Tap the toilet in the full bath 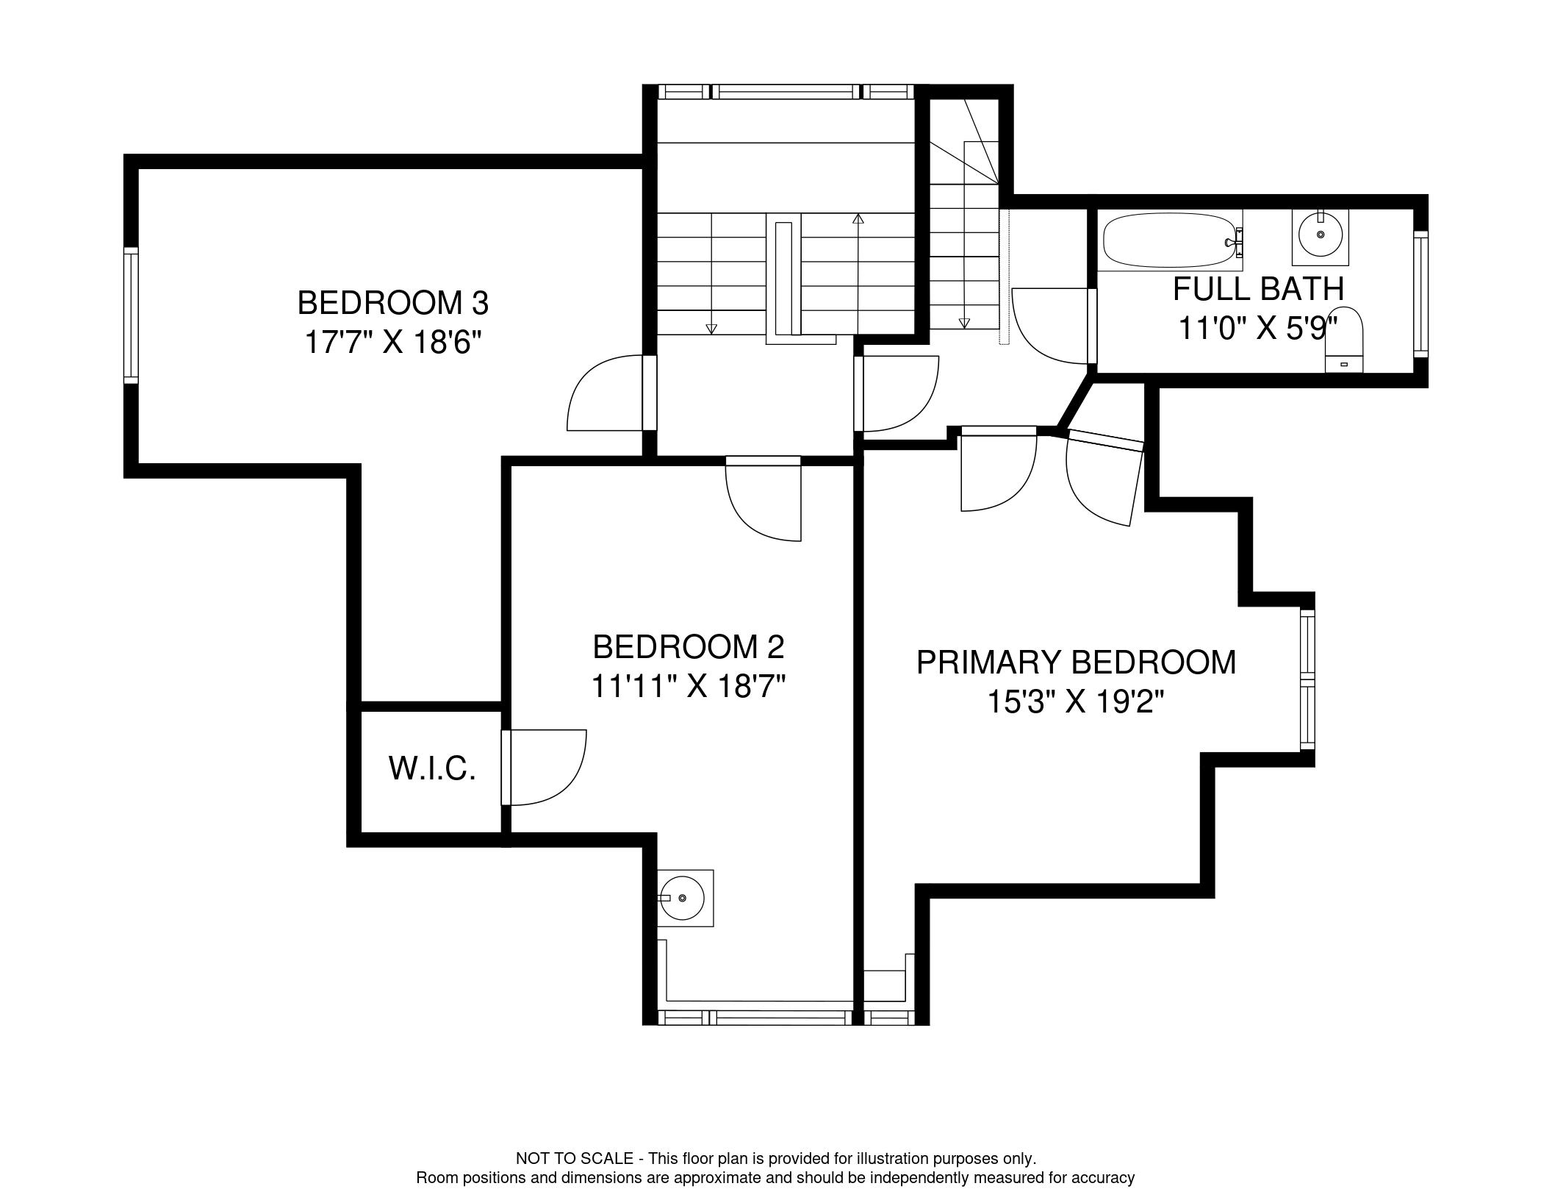[x=1344, y=340]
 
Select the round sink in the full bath [x=1321, y=236]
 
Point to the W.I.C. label [x=432, y=768]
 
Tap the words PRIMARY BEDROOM [x=1076, y=662]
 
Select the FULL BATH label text [x=1258, y=289]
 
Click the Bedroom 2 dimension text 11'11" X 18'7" [x=689, y=687]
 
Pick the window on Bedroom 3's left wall [x=131, y=315]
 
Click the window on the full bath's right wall [x=1420, y=294]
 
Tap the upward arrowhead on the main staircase [x=858, y=218]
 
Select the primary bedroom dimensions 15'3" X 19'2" [x=1076, y=702]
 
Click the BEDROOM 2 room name [x=689, y=647]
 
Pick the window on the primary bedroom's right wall [x=1307, y=680]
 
